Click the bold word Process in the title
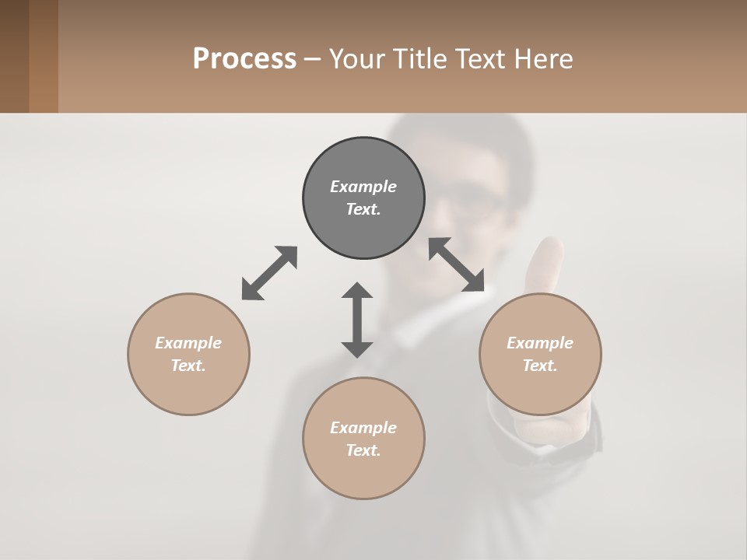point(244,59)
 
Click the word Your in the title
point(356,59)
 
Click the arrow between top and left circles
point(269,273)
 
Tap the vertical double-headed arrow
point(357,320)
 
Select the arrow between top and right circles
point(457,264)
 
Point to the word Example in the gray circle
point(363,187)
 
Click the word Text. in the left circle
point(188,366)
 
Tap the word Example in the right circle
point(540,343)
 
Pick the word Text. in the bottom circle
point(363,450)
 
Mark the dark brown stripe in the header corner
point(14,56)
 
